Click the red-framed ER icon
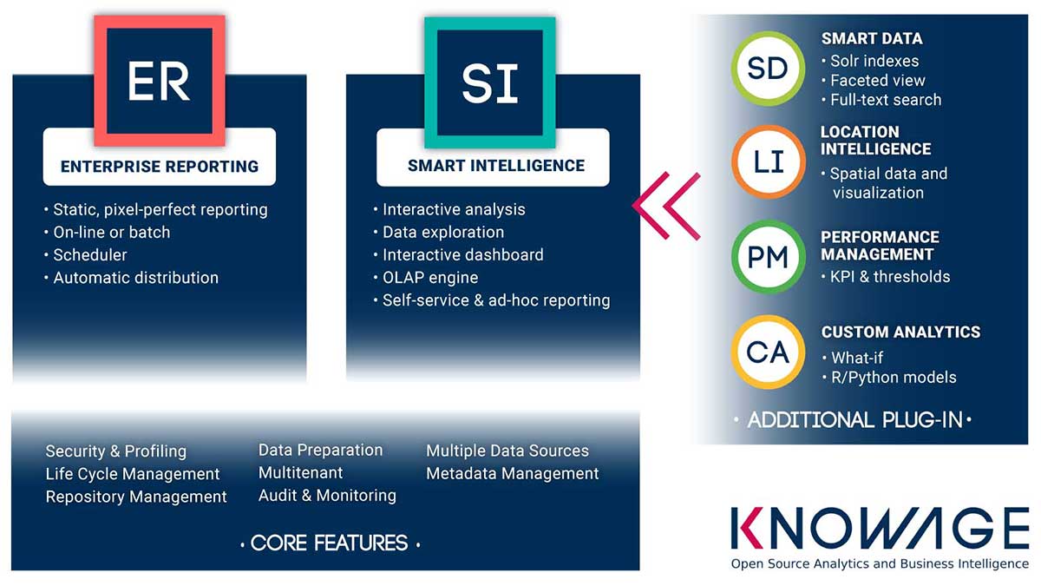tap(160, 81)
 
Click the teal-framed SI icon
tap(490, 82)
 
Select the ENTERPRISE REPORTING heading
tap(160, 166)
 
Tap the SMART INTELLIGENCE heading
tap(496, 165)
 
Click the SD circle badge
tap(768, 69)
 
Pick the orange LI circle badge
tap(769, 161)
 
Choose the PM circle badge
tap(769, 257)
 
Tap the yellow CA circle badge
tap(768, 352)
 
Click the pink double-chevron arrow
tap(666, 206)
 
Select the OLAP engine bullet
tap(426, 278)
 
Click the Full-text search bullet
tap(881, 100)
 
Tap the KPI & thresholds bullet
tap(886, 277)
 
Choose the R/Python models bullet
tap(889, 377)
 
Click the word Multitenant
tap(301, 472)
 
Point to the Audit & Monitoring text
tap(327, 496)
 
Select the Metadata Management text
tap(512, 473)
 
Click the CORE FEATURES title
tap(329, 543)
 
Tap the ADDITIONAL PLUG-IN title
tap(854, 420)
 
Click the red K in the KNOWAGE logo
tap(747, 528)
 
